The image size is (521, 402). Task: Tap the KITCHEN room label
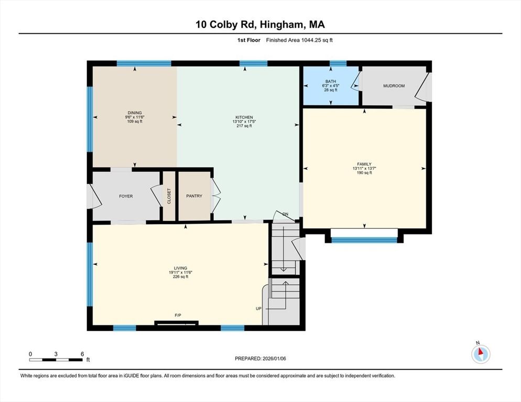tap(244, 117)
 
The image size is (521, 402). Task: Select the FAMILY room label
tap(364, 164)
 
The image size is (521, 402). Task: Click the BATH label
tap(330, 81)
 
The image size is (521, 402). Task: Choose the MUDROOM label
tap(394, 86)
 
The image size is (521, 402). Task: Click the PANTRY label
tap(194, 196)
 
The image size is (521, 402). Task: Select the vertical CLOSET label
tap(169, 196)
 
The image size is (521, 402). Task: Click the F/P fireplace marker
tap(178, 315)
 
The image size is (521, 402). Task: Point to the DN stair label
tap(285, 214)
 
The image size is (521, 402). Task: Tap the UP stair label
tap(258, 308)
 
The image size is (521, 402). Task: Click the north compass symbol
tap(480, 354)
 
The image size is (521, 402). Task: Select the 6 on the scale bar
tap(82, 354)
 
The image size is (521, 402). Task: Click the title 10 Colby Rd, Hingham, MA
tap(260, 25)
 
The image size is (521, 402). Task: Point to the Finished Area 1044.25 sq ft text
tap(299, 40)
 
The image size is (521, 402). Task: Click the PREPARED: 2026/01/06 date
tap(260, 359)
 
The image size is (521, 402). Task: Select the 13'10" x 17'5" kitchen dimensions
tap(244, 121)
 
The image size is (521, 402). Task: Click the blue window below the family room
tap(364, 240)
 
